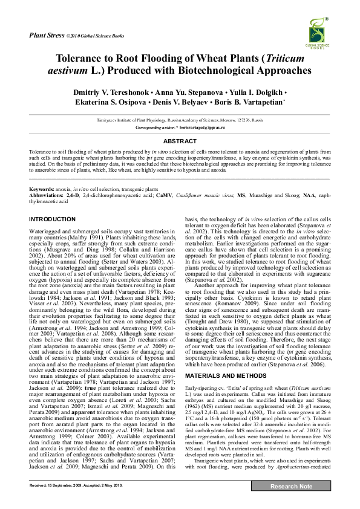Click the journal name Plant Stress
[x=47, y=36]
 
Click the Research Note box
[x=291, y=485]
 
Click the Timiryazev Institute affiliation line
[x=180, y=121]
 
